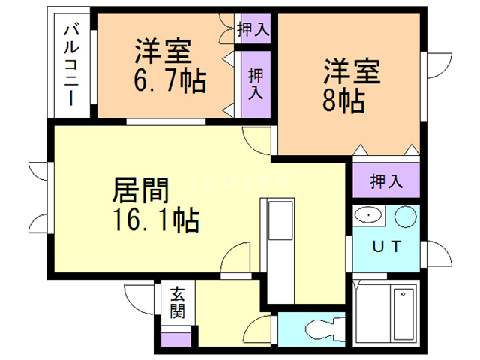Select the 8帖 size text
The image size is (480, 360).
(x=343, y=98)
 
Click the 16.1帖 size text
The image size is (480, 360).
(x=155, y=220)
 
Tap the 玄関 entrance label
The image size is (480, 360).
(x=177, y=302)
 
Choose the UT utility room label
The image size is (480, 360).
(x=387, y=245)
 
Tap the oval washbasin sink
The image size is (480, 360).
(x=370, y=217)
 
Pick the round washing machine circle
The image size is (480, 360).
(x=406, y=217)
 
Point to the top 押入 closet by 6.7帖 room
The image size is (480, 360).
(x=253, y=29)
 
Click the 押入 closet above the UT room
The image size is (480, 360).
(x=386, y=181)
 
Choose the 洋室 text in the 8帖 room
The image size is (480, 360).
(x=353, y=72)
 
